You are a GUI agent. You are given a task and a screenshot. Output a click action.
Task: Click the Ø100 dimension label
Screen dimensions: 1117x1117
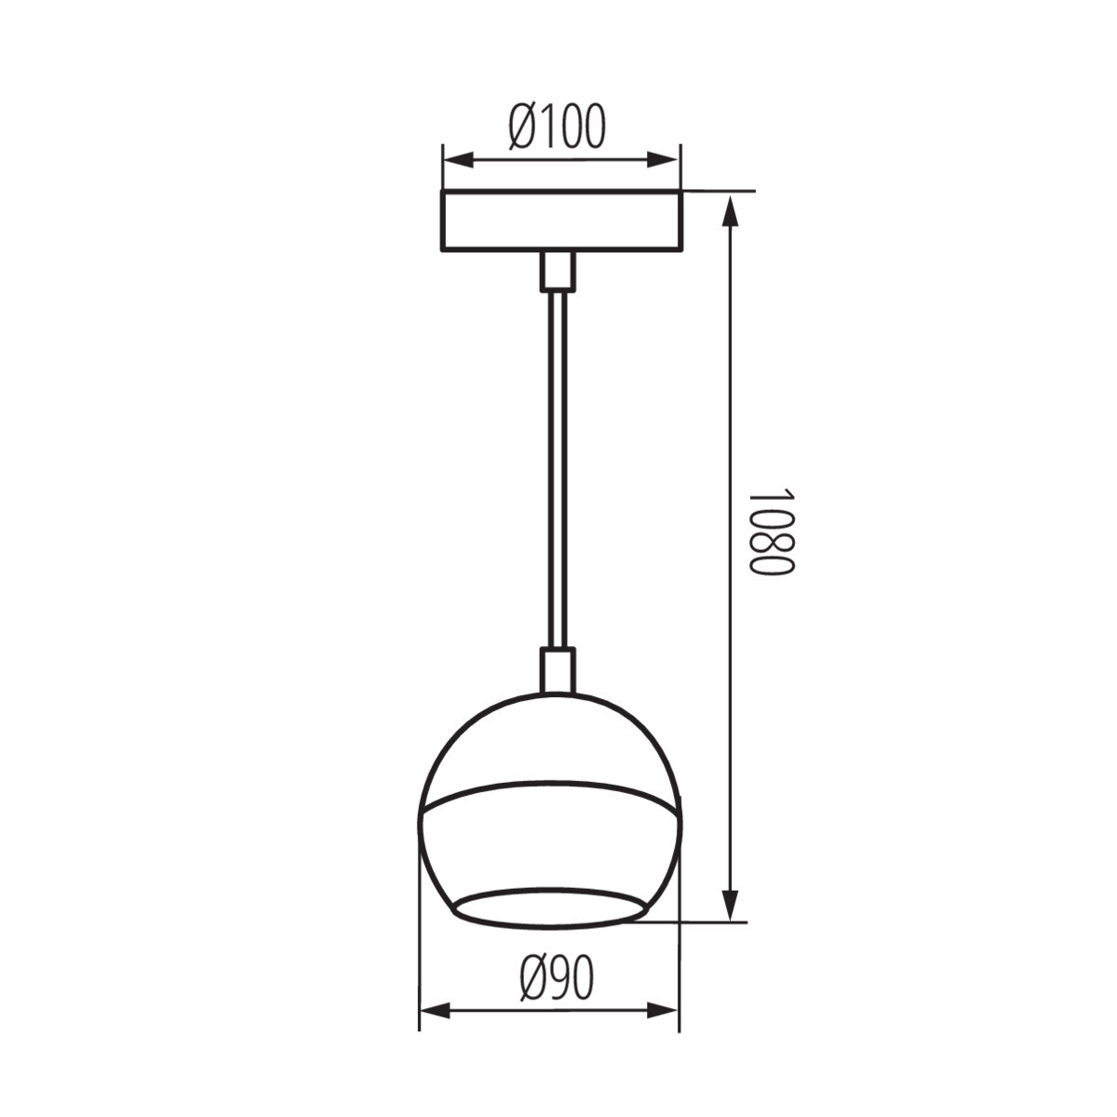pyautogui.click(x=557, y=127)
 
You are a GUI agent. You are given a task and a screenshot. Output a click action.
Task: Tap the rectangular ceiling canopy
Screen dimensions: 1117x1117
pyautogui.click(x=561, y=221)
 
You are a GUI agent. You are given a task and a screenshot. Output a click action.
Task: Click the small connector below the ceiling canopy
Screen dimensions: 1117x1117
pyautogui.click(x=558, y=271)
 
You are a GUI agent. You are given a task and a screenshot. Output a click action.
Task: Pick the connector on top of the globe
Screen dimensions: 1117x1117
pyautogui.click(x=558, y=671)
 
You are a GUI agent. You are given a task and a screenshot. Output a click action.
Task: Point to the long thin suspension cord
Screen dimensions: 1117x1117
pyautogui.click(x=558, y=468)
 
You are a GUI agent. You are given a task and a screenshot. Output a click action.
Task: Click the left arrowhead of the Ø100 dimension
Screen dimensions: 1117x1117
pyautogui.click(x=458, y=160)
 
